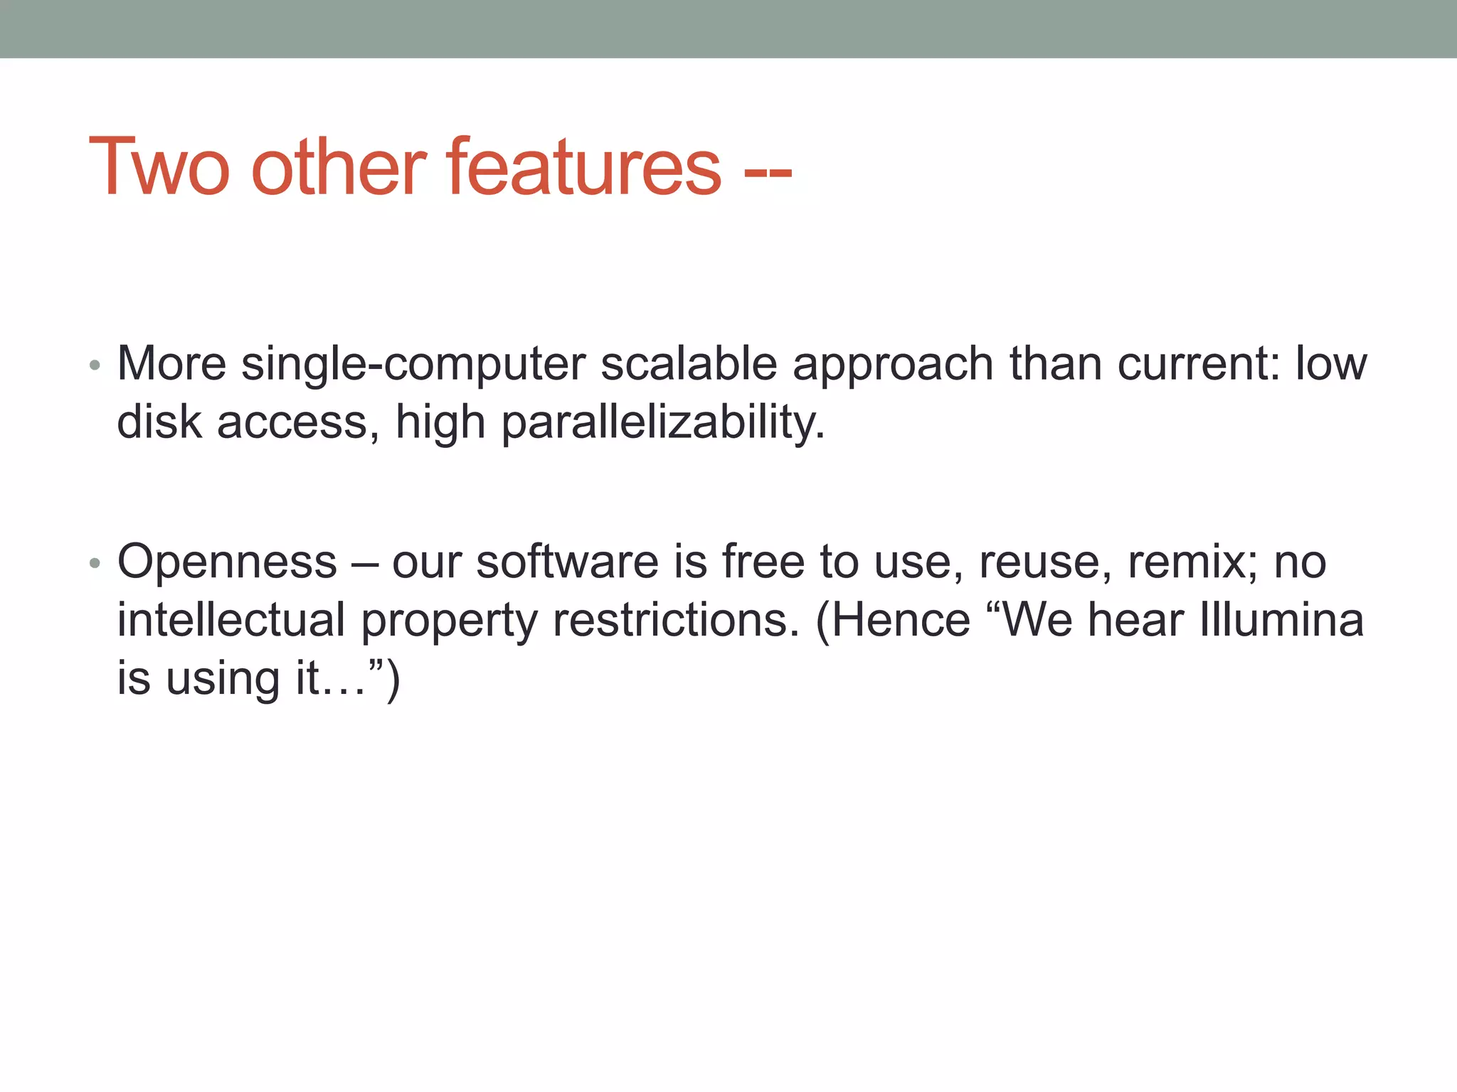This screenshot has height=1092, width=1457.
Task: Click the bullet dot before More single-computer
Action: [x=95, y=366]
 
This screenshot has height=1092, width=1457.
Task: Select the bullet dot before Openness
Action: [x=95, y=564]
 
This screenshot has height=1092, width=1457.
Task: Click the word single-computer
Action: [x=413, y=364]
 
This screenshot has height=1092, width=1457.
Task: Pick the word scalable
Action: [x=688, y=364]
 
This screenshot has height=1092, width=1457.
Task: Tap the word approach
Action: [x=892, y=364]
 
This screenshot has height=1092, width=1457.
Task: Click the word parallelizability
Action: [x=662, y=422]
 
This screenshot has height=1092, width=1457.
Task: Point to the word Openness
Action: [x=227, y=562]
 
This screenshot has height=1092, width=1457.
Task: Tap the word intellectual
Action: [x=231, y=620]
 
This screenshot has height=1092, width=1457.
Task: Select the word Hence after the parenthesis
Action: [x=899, y=620]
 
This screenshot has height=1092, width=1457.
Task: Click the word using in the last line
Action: [x=222, y=678]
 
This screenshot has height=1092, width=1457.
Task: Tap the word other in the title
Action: [x=339, y=167]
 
